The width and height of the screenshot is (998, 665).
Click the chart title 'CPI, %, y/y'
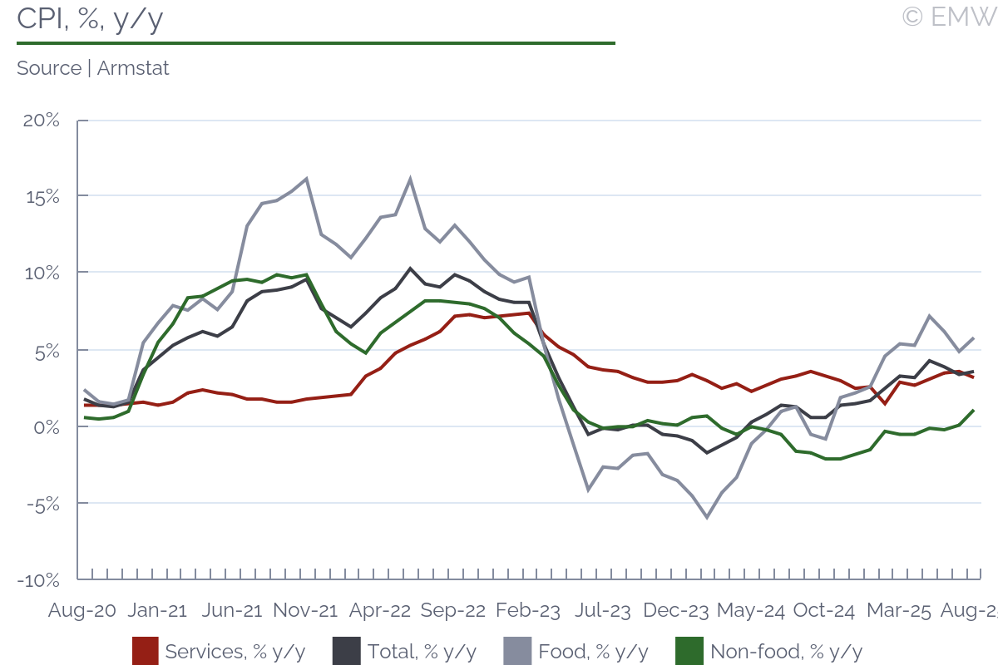90,19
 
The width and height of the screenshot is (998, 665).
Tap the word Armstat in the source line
133,68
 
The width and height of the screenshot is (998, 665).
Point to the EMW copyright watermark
949,16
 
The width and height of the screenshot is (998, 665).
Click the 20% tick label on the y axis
41,120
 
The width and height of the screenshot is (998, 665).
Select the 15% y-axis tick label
42,197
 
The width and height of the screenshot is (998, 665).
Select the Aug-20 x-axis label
82,610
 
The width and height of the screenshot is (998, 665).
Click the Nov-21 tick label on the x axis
305,610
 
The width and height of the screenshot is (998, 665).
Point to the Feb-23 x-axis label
527,610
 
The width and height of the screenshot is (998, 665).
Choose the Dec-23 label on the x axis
676,610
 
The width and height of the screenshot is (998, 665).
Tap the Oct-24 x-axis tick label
824,610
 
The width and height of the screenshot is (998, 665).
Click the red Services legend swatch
145,651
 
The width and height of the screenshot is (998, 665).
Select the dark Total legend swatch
346,651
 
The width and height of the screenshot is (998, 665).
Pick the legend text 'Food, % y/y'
593,651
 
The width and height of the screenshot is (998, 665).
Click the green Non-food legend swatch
689,651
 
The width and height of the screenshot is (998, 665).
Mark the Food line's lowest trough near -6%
707,518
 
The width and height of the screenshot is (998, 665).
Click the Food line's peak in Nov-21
307,179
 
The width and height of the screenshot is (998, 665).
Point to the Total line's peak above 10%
410,268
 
